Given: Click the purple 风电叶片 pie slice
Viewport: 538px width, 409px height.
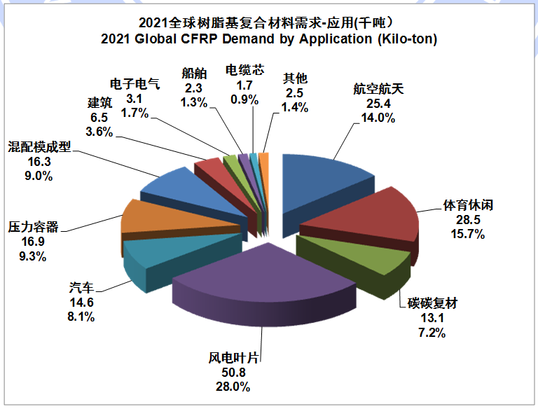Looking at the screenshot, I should point(266,277).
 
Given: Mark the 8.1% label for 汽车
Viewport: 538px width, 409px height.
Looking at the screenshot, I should point(82,316).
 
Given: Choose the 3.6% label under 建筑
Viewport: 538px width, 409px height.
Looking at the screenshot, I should point(97,131).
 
